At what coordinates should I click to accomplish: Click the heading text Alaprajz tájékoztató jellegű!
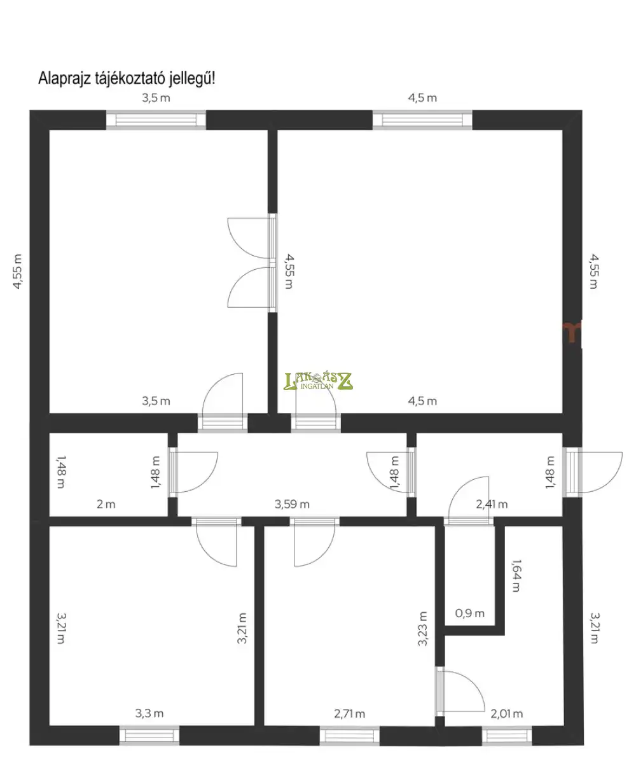[x=127, y=79]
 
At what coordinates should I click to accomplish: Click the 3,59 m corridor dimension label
[x=292, y=505]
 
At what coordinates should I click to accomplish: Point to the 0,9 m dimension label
[x=469, y=613]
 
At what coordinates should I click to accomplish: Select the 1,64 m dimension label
[x=516, y=576]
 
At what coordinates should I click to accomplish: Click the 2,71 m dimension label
[x=349, y=714]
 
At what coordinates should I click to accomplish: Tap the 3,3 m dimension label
[x=149, y=713]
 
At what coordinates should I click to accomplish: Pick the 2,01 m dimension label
[x=506, y=714]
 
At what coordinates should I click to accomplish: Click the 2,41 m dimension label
[x=492, y=505]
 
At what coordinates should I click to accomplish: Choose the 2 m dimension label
[x=106, y=505]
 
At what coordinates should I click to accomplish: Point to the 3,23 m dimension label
[x=422, y=629]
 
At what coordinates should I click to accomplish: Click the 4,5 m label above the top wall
[x=422, y=97]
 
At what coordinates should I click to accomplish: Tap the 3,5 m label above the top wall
[x=156, y=97]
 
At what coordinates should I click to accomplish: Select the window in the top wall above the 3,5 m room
[x=156, y=120]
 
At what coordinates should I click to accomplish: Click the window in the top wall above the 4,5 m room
[x=422, y=120]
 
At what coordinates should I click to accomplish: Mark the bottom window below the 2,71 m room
[x=349, y=736]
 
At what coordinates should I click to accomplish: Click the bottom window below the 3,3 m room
[x=149, y=736]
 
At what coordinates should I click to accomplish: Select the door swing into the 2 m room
[x=194, y=472]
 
